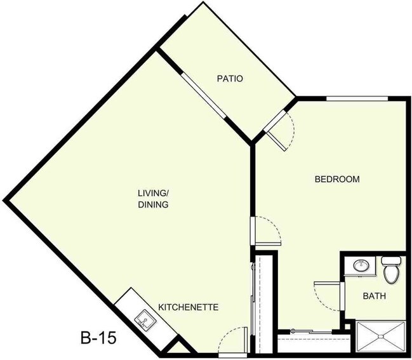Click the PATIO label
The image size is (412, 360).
230,79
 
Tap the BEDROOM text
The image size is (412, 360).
337,179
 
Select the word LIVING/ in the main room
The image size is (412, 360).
153,193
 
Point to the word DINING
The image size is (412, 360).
153,204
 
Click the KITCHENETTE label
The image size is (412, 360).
189,307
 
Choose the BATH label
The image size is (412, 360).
375,296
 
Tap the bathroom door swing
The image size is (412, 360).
327,296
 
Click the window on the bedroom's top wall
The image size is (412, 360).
357,98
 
